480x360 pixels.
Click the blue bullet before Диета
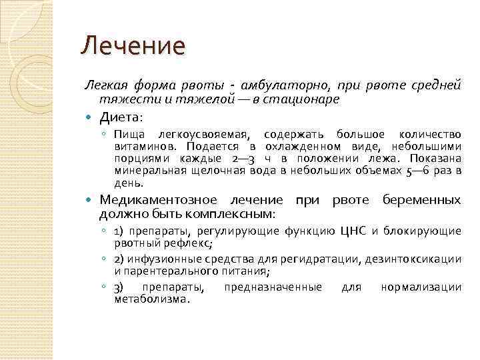90,118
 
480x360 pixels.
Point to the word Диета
121,118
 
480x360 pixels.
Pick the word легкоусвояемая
205,135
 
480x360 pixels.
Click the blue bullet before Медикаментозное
90,200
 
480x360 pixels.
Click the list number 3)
118,287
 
